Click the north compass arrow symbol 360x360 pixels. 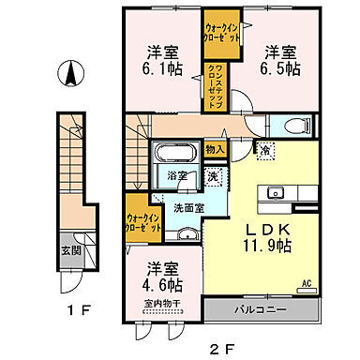coord(67,72)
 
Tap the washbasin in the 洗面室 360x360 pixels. coord(186,233)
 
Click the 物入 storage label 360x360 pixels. coord(215,150)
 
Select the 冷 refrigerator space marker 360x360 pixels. coord(267,149)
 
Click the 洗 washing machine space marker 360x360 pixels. coord(214,174)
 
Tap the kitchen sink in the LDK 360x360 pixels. coord(276,193)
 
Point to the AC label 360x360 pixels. coord(306,283)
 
